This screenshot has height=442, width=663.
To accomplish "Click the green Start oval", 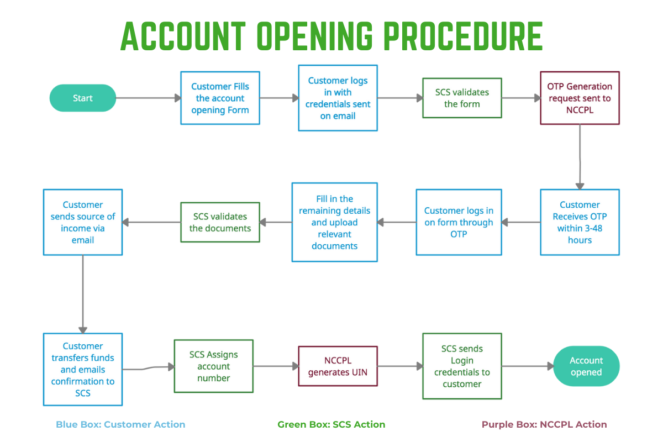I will coord(83,98).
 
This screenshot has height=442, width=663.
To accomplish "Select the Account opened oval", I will coord(586,366).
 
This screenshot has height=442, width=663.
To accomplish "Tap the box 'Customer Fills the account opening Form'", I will coord(220,98).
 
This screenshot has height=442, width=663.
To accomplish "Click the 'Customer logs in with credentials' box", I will coord(338,98).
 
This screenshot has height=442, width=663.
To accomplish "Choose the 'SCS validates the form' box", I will coord(462,98).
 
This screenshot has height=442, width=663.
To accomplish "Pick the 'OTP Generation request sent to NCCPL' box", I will coord(580,98).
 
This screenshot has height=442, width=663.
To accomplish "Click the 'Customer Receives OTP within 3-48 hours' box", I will coord(580,222).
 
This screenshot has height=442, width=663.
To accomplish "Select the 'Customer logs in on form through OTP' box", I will coord(459,222).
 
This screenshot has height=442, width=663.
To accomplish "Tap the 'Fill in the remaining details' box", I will coord(335,222).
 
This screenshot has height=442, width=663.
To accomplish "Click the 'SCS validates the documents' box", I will coord(220,222).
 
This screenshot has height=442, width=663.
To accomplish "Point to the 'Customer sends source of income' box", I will coord(83,222).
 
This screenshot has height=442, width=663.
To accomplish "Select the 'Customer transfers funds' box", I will coord(83,369).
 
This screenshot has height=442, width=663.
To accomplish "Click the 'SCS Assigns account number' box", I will coord(213,366).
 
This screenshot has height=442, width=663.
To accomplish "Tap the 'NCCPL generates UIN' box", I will coord(338,366).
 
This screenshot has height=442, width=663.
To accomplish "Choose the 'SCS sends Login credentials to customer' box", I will coord(462,366).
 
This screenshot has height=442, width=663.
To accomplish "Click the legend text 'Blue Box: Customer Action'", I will coord(120,424).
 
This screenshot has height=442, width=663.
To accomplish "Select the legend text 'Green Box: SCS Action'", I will coord(331,424).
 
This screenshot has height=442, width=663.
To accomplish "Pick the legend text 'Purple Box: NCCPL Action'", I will coord(544,424).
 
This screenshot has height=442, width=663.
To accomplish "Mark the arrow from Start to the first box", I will coord(148,98).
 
